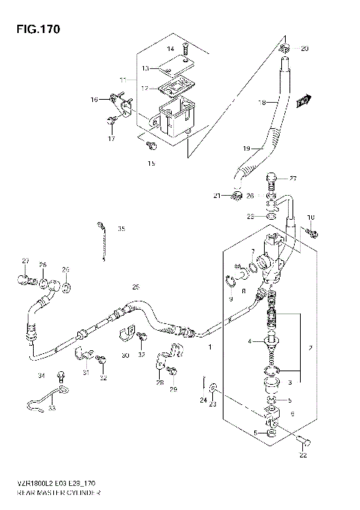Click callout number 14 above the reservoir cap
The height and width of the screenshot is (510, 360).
point(170,49)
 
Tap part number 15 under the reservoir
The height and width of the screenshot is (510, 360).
point(151,163)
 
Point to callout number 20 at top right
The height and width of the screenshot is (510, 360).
point(304,49)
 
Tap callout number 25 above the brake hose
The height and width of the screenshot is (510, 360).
point(136,286)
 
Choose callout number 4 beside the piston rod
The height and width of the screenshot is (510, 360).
point(250,343)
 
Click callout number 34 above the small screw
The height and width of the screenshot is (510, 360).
point(42,375)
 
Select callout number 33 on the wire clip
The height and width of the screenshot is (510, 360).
point(52,409)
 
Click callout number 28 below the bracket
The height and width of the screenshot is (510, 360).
point(160,383)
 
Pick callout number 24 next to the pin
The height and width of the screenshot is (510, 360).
point(202,400)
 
